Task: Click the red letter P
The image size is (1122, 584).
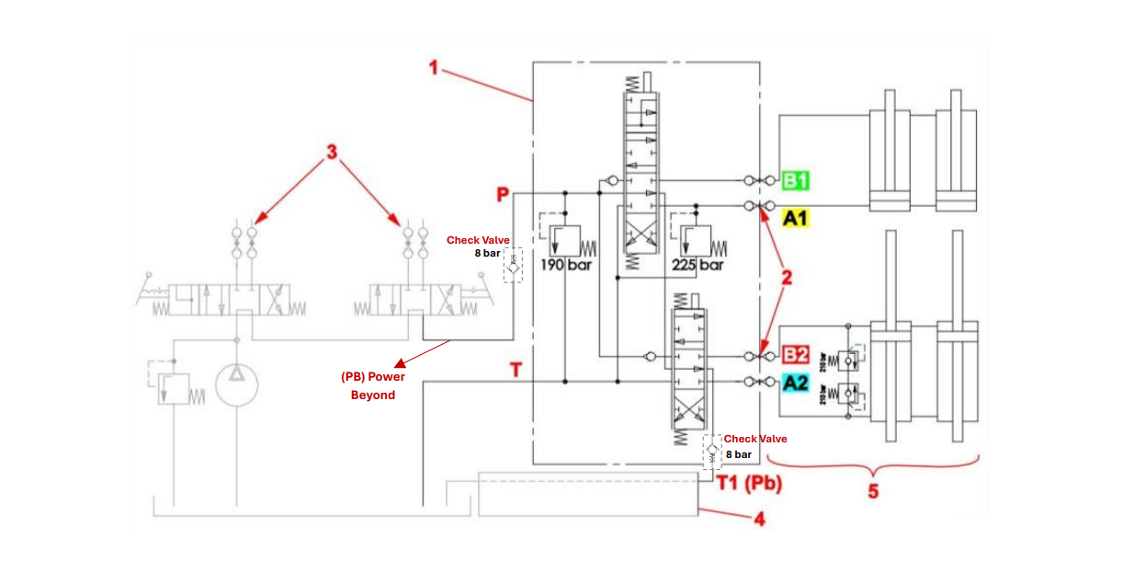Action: coord(503,194)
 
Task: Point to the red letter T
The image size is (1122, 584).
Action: coord(516,370)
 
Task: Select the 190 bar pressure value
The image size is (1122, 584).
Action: coord(566,265)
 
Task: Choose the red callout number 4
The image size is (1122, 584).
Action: coord(759,520)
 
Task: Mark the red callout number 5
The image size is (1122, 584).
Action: coord(872,491)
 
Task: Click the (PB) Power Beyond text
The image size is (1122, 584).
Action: coord(373,385)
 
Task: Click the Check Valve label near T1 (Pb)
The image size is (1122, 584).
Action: coord(755,439)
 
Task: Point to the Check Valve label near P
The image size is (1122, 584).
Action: coord(478,240)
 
